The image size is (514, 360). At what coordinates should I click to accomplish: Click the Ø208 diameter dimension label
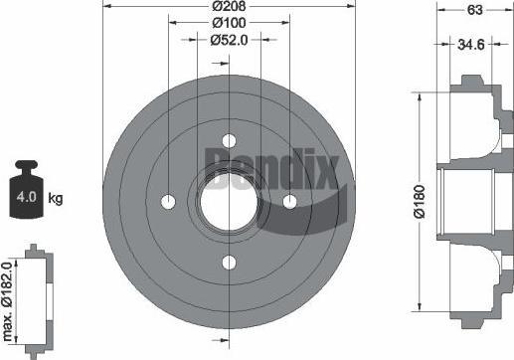[229, 6]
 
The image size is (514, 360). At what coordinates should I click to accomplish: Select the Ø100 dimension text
[229, 23]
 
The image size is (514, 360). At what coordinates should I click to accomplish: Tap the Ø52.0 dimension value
[229, 40]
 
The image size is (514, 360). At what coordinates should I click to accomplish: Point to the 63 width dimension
[474, 10]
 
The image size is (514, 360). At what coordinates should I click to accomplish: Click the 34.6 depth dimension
[471, 44]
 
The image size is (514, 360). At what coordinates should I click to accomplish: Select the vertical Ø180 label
[420, 202]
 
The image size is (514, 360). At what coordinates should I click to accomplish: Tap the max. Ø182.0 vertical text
[7, 301]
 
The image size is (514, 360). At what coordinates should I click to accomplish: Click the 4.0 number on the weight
[26, 197]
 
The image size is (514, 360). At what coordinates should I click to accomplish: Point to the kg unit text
[55, 199]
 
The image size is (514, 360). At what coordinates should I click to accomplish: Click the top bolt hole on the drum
[229, 140]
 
